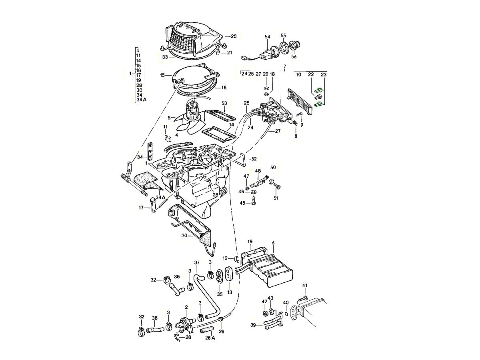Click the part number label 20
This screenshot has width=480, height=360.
234,36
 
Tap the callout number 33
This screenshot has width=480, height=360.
165,57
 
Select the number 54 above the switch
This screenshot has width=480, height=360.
267,37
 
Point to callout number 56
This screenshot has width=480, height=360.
294,57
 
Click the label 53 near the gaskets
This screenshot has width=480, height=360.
224,103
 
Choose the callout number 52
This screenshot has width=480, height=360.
254,159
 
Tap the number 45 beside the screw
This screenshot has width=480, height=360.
242,203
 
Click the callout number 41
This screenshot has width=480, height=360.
305,286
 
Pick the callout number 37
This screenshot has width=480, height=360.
197,263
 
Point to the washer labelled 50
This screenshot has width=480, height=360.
272,182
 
